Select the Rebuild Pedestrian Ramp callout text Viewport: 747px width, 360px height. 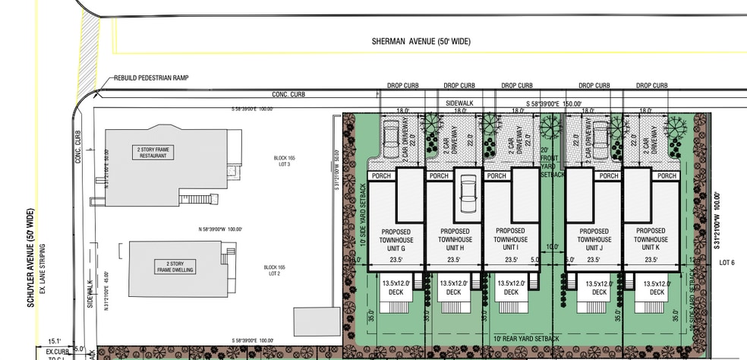[152, 77]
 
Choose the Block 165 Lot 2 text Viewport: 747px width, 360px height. [274, 270]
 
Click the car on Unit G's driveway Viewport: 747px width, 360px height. [391, 139]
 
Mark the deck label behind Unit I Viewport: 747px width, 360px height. [510, 287]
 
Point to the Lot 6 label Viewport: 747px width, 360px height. [727, 262]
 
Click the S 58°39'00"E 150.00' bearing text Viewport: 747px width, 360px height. [553, 103]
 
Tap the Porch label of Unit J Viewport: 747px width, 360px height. [582, 176]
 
